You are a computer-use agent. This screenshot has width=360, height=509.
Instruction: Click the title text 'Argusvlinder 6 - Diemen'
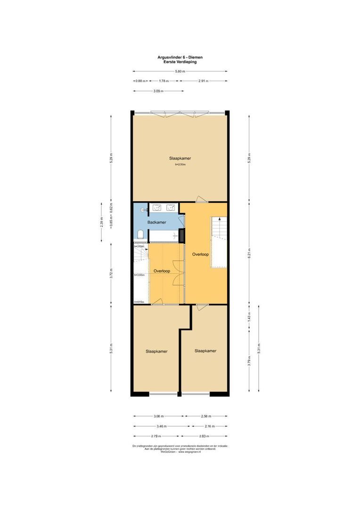coord(180,57)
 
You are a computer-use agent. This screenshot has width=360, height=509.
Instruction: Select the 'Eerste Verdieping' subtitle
coord(180,62)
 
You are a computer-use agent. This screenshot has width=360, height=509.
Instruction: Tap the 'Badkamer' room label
coord(156,222)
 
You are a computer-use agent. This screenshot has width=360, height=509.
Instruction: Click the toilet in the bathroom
coord(140,235)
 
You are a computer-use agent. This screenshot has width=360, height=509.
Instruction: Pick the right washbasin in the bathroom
coord(170,207)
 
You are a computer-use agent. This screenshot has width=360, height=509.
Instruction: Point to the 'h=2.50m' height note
coord(180,165)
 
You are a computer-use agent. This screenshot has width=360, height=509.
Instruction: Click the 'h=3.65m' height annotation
coord(139,275)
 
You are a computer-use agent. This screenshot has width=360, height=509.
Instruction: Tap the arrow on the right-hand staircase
coord(219,222)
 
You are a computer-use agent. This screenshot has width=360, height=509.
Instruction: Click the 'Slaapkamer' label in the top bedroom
coord(180,158)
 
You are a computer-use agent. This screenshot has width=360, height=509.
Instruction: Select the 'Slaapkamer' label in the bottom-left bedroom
coord(156,351)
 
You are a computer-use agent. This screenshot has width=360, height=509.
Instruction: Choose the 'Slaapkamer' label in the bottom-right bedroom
coord(205,351)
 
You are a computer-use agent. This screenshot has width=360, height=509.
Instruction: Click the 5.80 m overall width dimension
coord(180,71)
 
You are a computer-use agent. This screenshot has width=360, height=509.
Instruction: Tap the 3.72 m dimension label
coord(111,274)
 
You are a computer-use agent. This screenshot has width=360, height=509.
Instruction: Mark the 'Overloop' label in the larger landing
coord(200,254)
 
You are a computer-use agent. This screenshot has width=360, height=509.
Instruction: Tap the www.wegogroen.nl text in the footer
coord(189,452)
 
